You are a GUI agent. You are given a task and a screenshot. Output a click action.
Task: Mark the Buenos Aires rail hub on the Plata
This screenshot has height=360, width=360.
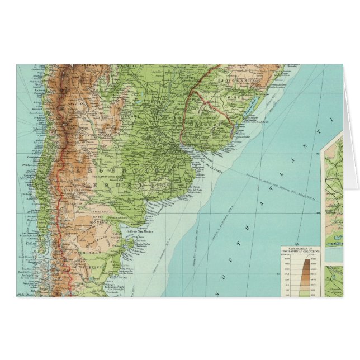pyautogui.click(x=181, y=149)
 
